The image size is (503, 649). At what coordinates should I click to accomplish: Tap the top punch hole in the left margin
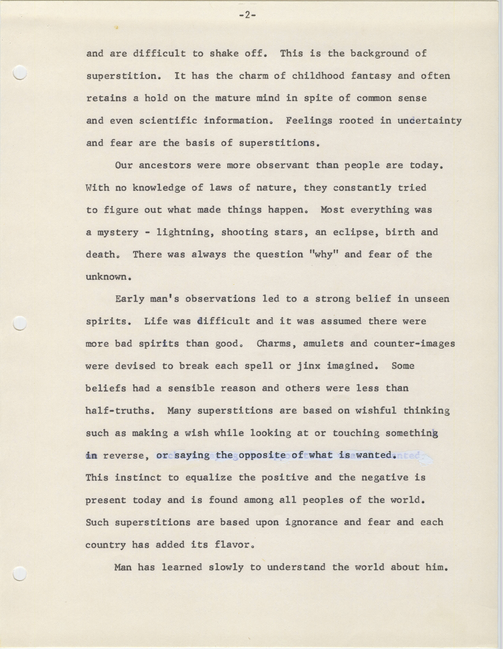coord(21,72)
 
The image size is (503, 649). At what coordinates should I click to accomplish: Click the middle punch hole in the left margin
coord(21,323)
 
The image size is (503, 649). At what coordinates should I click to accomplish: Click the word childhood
coord(318,76)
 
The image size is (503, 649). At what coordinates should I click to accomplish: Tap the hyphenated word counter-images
coord(414,344)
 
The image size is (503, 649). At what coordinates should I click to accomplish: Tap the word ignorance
coord(311,522)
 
